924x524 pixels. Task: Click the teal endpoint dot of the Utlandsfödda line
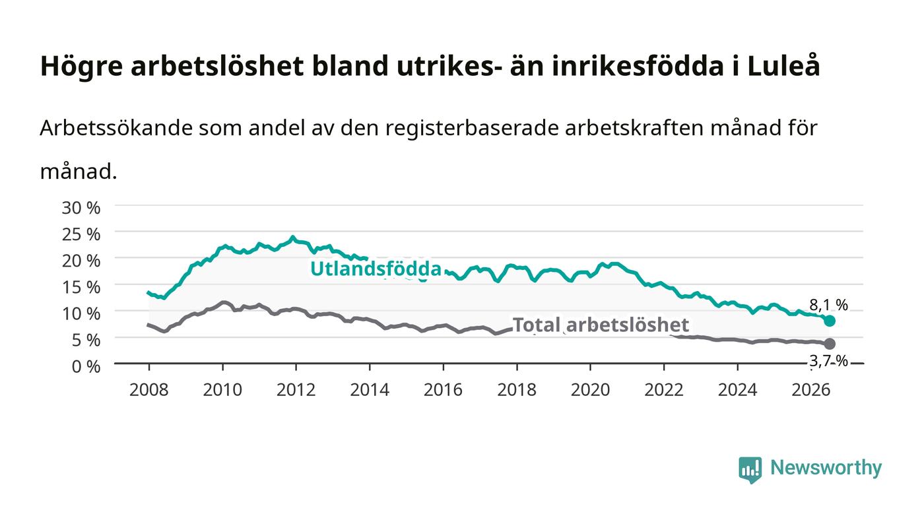pos(829,321)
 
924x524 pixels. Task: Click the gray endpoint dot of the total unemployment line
pos(829,344)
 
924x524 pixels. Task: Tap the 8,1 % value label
pos(828,305)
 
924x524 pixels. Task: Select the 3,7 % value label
pos(828,361)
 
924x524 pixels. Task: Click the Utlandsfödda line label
pos(376,269)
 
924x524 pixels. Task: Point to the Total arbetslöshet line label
pos(601,325)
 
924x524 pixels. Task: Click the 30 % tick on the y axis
pos(81,207)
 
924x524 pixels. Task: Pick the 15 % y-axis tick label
pos(81,287)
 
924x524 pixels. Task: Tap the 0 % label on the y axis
pos(86,366)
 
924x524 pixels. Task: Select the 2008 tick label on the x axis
pos(149,389)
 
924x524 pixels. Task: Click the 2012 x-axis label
pos(296,389)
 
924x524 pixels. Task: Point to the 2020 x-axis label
pos(590,389)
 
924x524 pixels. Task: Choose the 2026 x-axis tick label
pos(811,389)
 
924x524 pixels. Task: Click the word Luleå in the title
pos(784,66)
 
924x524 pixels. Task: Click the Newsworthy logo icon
pos(750,469)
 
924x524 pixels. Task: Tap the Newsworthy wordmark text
pos(826,468)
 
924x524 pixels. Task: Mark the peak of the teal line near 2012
pos(293,237)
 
